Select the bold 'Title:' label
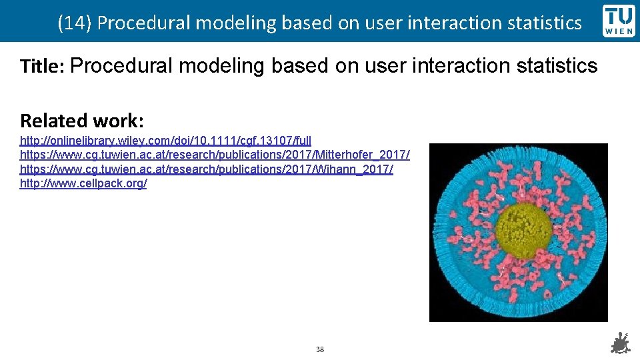tap(42, 67)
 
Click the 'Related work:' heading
tap(82, 121)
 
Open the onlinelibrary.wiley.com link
tap(165, 141)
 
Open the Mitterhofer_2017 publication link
tap(215, 155)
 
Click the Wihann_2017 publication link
tap(206, 169)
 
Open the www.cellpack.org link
tap(83, 183)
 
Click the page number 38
tap(320, 349)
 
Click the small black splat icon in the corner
tap(621, 343)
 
